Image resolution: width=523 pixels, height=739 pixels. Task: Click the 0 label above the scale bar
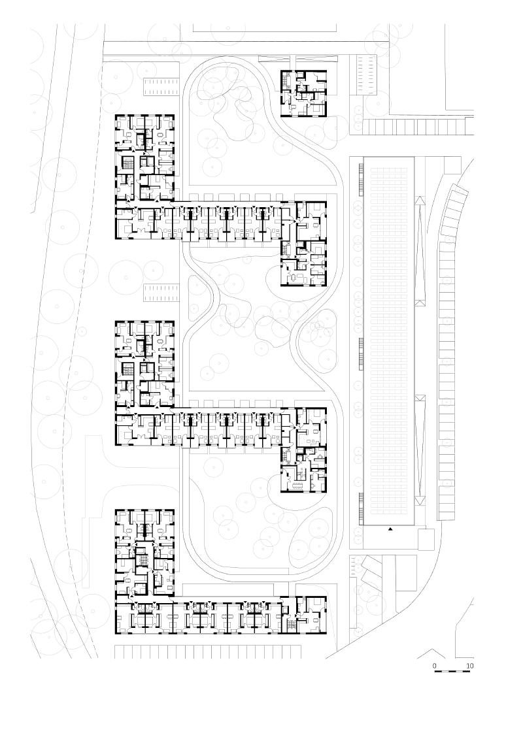[435, 666]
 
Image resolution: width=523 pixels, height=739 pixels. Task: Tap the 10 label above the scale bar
[469, 666]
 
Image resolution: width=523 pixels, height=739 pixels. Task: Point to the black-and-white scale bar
[452, 673]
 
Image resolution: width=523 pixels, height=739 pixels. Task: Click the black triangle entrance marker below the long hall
[391, 529]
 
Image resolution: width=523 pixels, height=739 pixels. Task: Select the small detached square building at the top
[303, 93]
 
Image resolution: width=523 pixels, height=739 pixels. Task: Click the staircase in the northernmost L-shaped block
[128, 163]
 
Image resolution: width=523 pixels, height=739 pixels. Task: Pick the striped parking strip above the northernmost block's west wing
[161, 86]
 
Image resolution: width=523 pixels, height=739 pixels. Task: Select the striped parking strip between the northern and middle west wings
[161, 292]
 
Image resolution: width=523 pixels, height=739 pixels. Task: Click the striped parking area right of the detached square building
[367, 73]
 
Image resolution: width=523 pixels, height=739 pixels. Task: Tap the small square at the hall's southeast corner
[426, 538]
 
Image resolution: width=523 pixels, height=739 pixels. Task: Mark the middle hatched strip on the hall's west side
[360, 353]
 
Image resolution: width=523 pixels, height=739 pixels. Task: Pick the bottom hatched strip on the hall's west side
[360, 510]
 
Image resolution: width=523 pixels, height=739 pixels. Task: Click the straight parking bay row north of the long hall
[416, 126]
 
